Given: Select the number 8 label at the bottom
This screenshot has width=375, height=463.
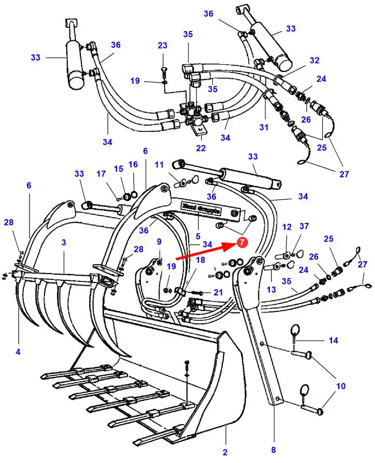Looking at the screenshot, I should (273, 450).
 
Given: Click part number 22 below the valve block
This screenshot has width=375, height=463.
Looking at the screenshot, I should (201, 148).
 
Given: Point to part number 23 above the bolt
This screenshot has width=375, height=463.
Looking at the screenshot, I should (163, 46).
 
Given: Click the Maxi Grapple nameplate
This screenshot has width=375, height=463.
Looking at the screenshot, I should (200, 208).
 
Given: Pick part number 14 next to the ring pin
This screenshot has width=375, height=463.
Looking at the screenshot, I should (334, 340).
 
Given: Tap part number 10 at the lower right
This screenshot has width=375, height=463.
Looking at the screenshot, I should (341, 386).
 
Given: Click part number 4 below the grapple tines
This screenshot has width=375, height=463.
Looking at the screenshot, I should (18, 352).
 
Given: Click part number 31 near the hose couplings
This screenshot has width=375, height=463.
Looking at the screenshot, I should (264, 127).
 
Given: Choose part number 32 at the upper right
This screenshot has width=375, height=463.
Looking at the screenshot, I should (315, 60).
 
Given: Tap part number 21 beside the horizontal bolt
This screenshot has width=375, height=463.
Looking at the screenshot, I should (218, 293).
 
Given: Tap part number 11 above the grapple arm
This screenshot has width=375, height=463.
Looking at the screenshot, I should (159, 165).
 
